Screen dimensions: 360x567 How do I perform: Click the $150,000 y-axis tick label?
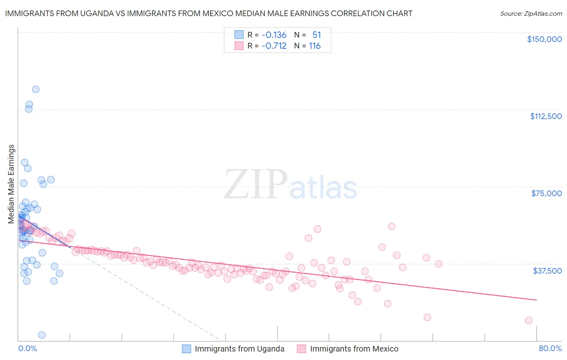click(x=544, y=39)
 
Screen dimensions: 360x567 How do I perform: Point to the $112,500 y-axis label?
click(x=546, y=116)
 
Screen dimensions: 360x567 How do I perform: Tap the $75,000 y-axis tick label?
click(x=546, y=193)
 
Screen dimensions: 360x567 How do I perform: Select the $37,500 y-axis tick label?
click(x=547, y=271)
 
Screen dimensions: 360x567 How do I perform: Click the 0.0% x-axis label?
click(x=27, y=348)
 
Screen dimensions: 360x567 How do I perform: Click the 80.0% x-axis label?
click(x=550, y=348)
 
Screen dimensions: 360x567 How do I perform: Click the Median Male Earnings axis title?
click(x=11, y=184)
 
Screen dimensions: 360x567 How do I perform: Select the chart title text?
click(x=208, y=13)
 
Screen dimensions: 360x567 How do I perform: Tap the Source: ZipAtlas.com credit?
click(x=531, y=13)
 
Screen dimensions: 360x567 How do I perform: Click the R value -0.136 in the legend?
click(x=273, y=35)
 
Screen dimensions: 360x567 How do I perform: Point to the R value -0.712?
click(x=273, y=46)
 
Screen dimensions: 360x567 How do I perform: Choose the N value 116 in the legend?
click(x=315, y=46)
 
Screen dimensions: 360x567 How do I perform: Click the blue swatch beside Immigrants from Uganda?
click(x=186, y=349)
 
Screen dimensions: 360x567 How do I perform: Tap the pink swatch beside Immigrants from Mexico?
click(x=302, y=349)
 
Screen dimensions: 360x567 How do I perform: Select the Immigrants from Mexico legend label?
click(x=354, y=349)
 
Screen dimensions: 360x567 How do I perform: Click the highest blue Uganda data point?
click(x=35, y=89)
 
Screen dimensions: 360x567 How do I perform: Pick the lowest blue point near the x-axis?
click(x=42, y=335)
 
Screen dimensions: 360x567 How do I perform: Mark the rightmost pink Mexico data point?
click(x=529, y=320)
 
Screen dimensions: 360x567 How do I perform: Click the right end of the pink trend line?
click(x=536, y=300)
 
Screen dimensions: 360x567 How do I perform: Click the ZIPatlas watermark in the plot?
click(x=290, y=185)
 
